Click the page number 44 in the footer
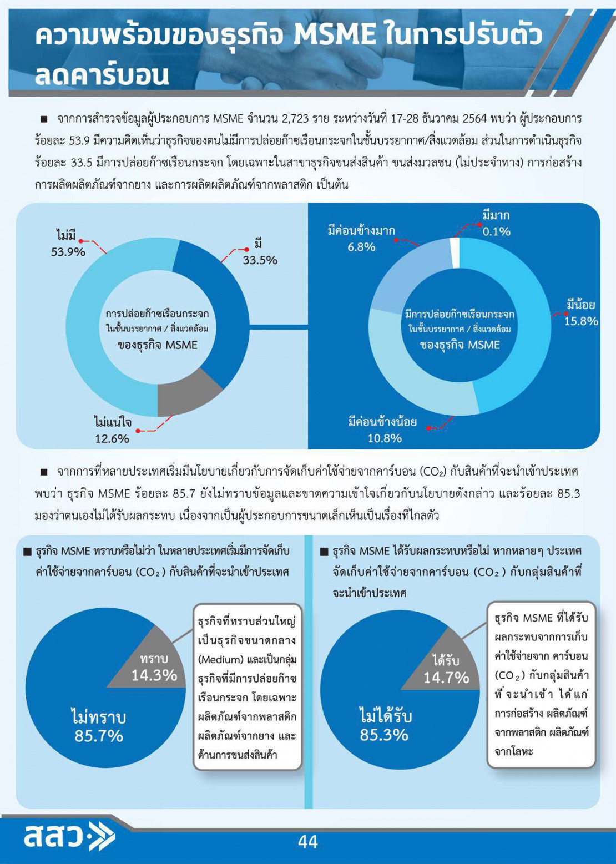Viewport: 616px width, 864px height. coord(307,841)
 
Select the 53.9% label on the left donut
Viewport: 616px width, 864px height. coord(68,252)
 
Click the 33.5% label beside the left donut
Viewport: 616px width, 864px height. coord(260,260)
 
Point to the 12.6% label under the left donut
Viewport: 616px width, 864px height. coord(112,438)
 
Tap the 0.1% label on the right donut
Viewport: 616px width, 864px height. coord(496,231)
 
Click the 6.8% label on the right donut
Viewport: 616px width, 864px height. coord(361,247)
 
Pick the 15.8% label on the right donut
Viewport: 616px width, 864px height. coord(580,321)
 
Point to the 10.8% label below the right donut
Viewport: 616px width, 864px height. coord(385,438)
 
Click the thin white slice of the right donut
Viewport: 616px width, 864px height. coord(455,245)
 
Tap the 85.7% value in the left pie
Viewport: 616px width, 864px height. coord(99,736)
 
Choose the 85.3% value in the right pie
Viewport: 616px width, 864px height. coord(384,735)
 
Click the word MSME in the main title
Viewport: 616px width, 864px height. coord(335,36)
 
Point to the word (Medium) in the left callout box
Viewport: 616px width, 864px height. coord(221,659)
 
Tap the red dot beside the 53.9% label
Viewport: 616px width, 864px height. coord(81,241)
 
